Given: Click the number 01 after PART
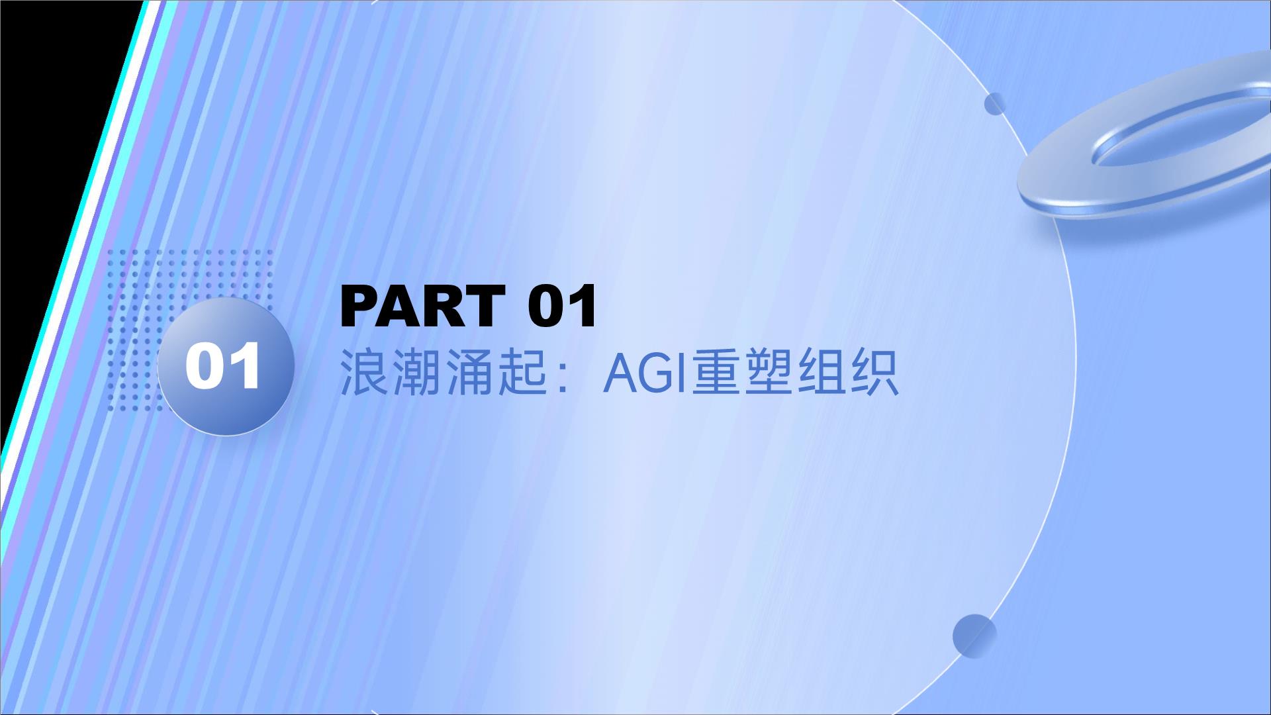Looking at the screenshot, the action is pos(563,306).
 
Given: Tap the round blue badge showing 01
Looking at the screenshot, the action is pos(225,366).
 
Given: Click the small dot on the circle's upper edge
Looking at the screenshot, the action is pos(995,104).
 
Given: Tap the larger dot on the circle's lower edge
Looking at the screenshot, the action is pos(974,636).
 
